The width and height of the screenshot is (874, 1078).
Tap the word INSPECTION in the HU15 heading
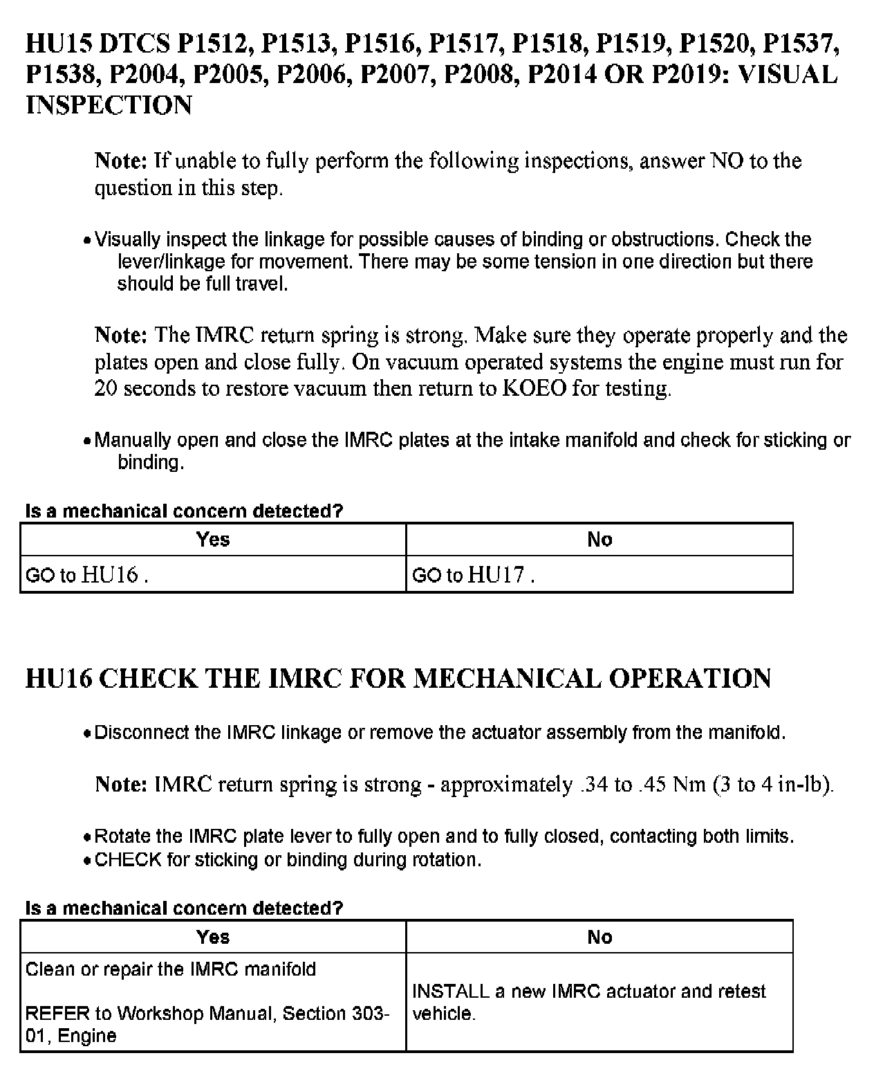(x=109, y=104)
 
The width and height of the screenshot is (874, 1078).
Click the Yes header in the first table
(x=213, y=539)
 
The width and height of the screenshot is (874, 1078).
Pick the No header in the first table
(x=599, y=539)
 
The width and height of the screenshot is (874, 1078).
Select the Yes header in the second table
(x=213, y=936)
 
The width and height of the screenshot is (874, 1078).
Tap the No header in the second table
(x=599, y=936)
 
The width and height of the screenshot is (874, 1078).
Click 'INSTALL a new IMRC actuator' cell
(x=588, y=1002)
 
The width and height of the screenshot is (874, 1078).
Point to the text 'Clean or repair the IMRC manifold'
(x=170, y=969)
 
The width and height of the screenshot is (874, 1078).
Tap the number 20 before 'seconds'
(x=106, y=388)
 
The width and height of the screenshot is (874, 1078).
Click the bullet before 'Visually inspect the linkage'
(x=86, y=241)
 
